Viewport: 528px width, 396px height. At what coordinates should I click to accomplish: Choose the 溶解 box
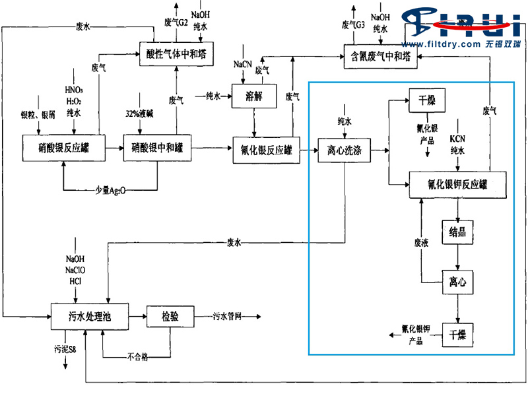point(253,96)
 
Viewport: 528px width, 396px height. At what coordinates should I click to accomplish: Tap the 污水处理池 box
point(90,316)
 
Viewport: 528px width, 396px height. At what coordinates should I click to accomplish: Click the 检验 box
point(170,317)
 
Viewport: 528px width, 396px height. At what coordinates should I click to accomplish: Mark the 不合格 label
point(137,357)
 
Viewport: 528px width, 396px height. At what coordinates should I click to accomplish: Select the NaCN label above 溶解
point(242,65)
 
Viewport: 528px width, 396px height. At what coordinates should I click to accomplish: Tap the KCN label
point(458,140)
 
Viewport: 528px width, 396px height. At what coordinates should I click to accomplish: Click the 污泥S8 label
point(65,346)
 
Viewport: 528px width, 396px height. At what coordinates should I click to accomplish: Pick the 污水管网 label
point(226,317)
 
